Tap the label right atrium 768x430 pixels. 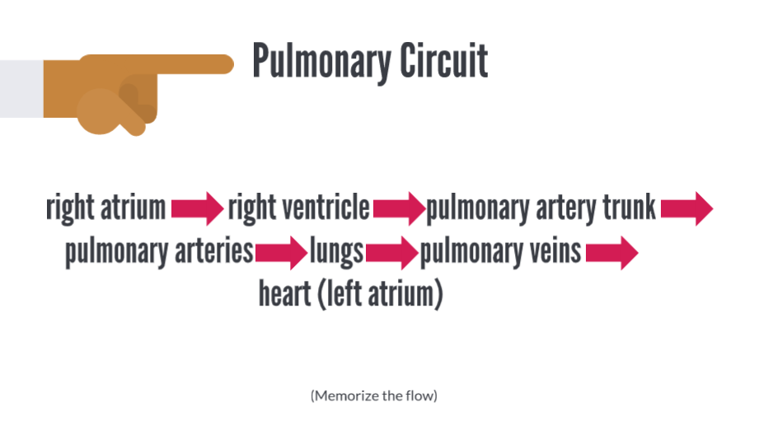click(x=106, y=208)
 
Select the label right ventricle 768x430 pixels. click(x=298, y=208)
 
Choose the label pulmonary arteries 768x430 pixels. click(x=159, y=251)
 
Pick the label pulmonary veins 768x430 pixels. click(x=501, y=251)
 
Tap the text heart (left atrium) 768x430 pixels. click(x=350, y=293)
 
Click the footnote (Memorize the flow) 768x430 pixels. click(x=373, y=396)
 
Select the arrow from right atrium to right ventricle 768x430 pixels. click(x=198, y=208)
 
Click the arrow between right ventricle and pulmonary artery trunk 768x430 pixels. click(x=399, y=208)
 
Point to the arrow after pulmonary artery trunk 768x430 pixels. click(x=686, y=208)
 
